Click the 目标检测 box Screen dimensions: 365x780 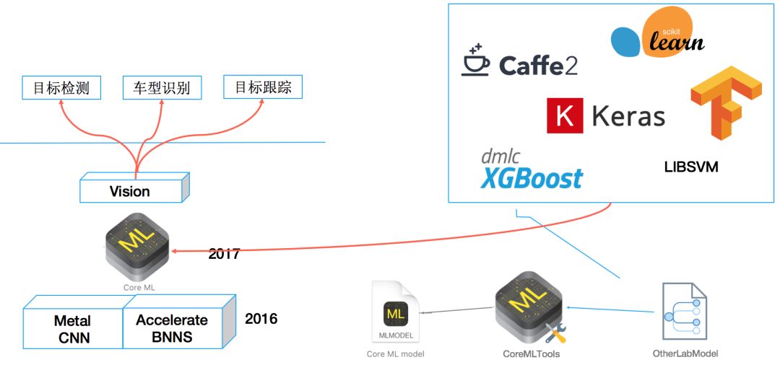(61, 88)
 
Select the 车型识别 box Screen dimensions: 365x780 (162, 88)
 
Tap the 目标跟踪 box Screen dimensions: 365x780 (263, 87)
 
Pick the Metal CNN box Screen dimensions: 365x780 (72, 328)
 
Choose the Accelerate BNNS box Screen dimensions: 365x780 (172, 328)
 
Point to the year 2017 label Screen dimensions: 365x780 (224, 254)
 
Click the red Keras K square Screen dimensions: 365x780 (564, 116)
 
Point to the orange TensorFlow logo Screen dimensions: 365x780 (725, 102)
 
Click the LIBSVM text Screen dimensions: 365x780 (691, 167)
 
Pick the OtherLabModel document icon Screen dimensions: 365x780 (684, 311)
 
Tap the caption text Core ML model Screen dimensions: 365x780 (395, 353)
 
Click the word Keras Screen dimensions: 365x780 (628, 116)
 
